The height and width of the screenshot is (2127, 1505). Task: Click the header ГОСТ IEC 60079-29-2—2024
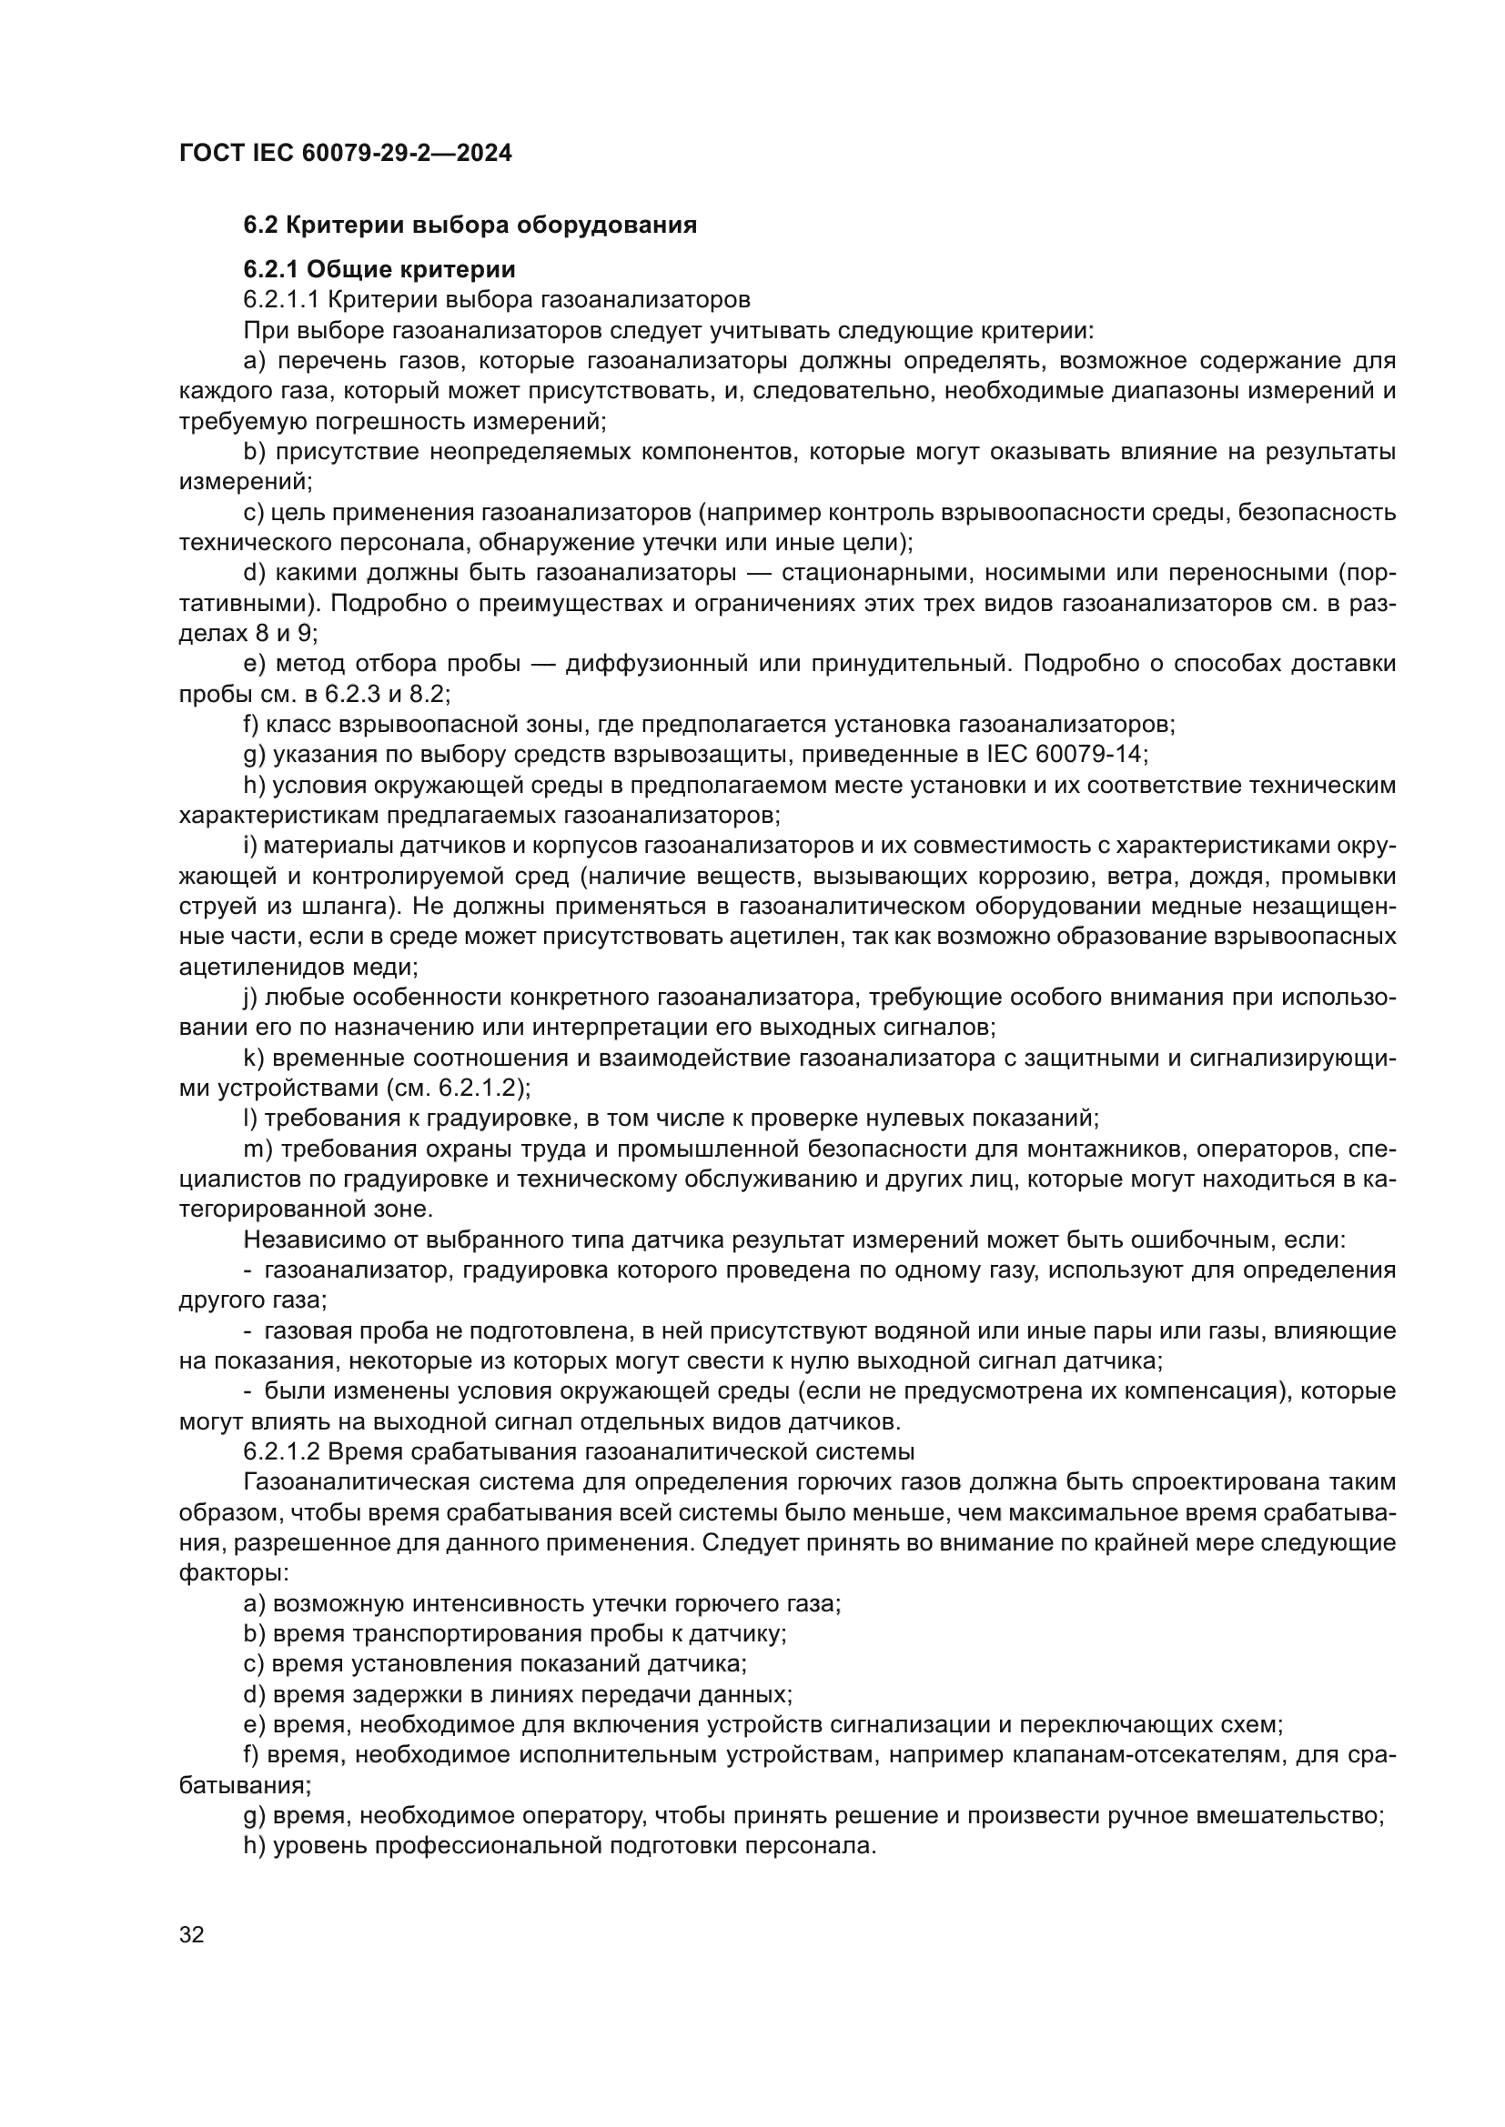pos(345,153)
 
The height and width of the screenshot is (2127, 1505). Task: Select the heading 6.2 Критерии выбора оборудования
pos(470,225)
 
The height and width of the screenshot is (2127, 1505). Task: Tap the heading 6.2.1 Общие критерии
pos(379,269)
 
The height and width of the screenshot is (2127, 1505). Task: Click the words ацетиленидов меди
pos(298,968)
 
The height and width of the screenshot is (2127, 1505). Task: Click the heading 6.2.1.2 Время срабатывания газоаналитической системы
pos(579,1451)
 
